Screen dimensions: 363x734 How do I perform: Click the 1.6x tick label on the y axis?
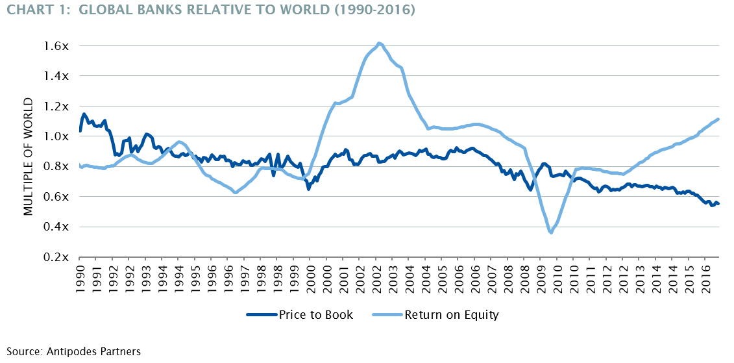[56, 46]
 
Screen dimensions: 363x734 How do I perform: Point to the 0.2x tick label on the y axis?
[56, 257]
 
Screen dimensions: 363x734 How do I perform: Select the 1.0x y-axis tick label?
[56, 136]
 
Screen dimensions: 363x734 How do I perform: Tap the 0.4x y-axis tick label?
[56, 227]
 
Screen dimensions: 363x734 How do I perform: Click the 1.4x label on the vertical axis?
[56, 76]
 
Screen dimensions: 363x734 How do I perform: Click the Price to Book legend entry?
[300, 316]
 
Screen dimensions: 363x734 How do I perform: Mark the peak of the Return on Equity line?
[379, 43]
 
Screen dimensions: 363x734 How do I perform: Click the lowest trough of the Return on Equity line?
[552, 232]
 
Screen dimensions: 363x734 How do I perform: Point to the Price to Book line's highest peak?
[84, 114]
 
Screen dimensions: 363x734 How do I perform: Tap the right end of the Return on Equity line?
[718, 119]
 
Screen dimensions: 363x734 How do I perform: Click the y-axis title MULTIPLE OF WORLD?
[28, 156]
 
